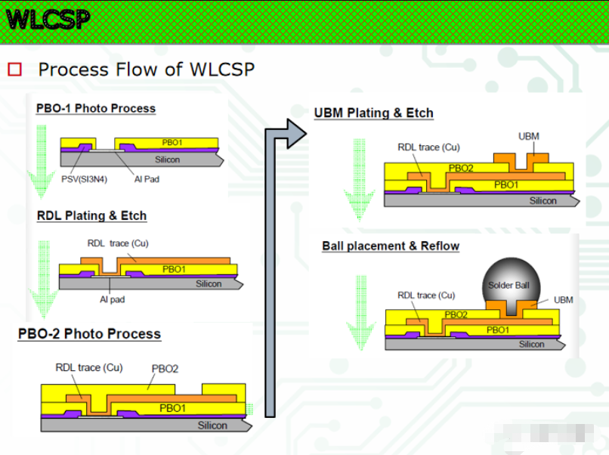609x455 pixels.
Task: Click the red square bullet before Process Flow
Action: pyautogui.click(x=15, y=70)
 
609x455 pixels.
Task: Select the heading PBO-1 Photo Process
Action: pyautogui.click(x=96, y=108)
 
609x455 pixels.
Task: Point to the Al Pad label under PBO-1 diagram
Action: pyautogui.click(x=147, y=179)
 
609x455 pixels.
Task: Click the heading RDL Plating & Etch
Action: pyautogui.click(x=91, y=215)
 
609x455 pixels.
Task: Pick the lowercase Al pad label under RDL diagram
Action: pyautogui.click(x=112, y=299)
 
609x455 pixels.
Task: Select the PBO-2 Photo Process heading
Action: pyautogui.click(x=89, y=333)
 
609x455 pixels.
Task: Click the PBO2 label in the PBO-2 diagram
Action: pyautogui.click(x=165, y=369)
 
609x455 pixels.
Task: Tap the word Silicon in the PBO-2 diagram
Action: pyautogui.click(x=212, y=426)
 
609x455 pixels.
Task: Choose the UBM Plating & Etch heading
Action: pyautogui.click(x=373, y=113)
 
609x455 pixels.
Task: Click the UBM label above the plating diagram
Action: pyautogui.click(x=529, y=136)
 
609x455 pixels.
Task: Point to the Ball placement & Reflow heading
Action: pyautogui.click(x=391, y=246)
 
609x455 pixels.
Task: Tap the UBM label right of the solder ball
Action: pyautogui.click(x=563, y=300)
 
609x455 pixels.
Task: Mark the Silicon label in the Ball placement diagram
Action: pyautogui.click(x=531, y=344)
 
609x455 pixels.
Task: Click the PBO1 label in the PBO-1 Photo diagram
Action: pyautogui.click(x=172, y=142)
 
